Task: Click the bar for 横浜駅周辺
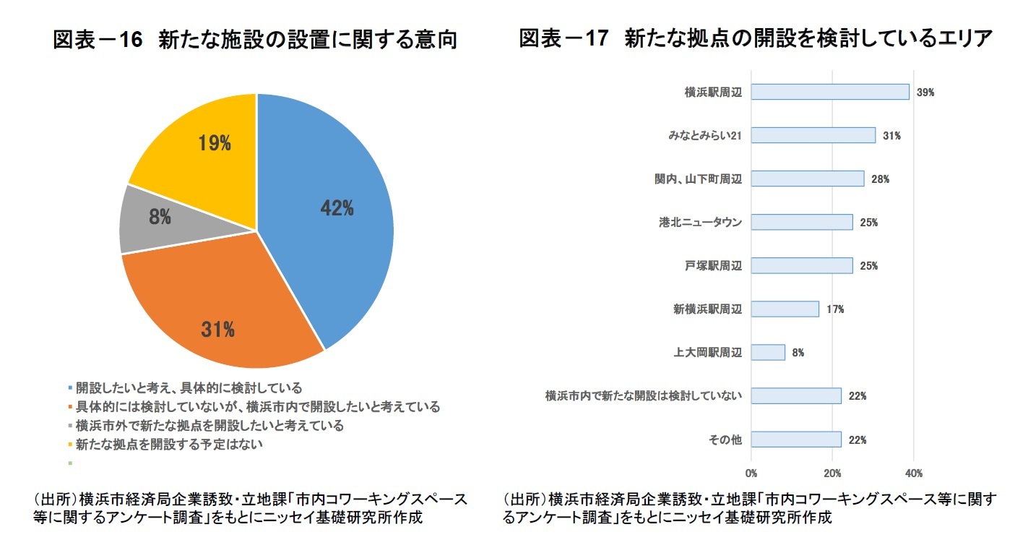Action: [830, 92]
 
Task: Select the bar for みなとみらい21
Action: [813, 135]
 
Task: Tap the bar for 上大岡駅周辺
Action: [768, 352]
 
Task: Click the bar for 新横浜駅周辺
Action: [785, 309]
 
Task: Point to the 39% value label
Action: [925, 93]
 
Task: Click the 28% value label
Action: [880, 179]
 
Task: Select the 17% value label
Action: [835, 309]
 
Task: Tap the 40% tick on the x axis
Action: [914, 473]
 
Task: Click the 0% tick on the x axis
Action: [751, 473]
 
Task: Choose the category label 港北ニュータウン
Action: [695, 223]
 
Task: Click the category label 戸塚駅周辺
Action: [713, 266]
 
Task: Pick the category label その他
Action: [725, 440]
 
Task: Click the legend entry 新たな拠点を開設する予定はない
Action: [169, 444]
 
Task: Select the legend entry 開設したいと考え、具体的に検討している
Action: [189, 387]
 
